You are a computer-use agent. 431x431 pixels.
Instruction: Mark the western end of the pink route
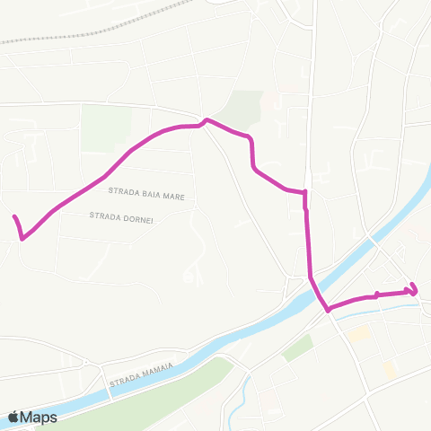click(x=14, y=217)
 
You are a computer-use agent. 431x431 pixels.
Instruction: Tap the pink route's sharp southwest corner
click(x=22, y=238)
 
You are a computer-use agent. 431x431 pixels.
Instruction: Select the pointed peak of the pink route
click(x=207, y=119)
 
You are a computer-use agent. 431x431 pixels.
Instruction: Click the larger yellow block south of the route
click(x=359, y=334)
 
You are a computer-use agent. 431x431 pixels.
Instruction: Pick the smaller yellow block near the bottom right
click(x=389, y=368)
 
